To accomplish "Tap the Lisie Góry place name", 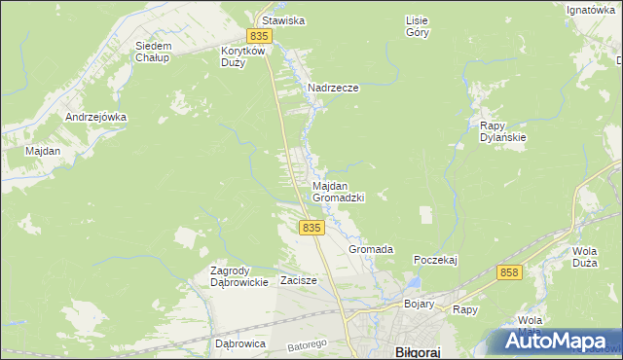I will coord(417,25).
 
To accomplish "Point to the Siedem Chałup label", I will coord(153,52).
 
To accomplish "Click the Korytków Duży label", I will coord(241,55).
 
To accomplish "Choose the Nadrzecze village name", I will coord(334,88).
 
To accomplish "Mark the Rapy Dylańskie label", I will coord(502,131).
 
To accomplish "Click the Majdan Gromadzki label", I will coord(338,191).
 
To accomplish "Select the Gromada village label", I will coord(371,249).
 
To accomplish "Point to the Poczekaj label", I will coord(435,260).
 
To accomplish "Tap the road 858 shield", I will coord(509,273).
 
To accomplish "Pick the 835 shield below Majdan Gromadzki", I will coord(311,227).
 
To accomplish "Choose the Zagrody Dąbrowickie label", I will coord(239,276).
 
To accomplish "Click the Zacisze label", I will coord(299,280).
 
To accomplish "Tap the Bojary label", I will coord(420,305).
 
